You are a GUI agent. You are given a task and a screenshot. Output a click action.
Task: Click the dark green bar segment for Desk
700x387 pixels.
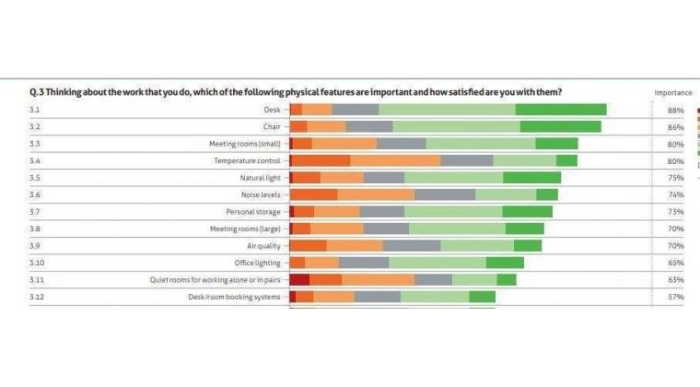coord(560,110)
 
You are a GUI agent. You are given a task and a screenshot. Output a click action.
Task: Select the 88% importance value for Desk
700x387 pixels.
coord(675,110)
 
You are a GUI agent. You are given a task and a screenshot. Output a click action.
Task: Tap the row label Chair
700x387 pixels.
coord(271,126)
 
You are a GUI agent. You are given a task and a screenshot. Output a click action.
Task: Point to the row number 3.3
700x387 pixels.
coord(35,144)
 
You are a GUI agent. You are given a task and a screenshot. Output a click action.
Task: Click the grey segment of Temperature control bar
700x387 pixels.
coord(467,160)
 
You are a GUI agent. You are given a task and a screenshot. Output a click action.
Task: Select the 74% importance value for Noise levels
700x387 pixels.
coord(675,194)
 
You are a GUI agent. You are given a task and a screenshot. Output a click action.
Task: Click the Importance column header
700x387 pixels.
coord(672,92)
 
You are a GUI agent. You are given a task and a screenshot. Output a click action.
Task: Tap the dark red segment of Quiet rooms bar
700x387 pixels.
coord(299,279)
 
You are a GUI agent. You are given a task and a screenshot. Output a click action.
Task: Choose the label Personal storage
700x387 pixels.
coord(253,211)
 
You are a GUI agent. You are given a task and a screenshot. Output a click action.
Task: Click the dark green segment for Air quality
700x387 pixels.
coord(528,245)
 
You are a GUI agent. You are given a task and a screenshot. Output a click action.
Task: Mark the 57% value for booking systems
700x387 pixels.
coord(675,297)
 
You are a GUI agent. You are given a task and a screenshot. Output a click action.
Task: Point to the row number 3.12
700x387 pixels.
coord(37,297)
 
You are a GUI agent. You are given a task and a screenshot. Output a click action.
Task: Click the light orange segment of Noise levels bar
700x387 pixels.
coord(376,194)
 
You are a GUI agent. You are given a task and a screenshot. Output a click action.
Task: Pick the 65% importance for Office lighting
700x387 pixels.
coord(675,263)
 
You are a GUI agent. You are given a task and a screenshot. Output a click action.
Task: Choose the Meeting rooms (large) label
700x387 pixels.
coord(244,229)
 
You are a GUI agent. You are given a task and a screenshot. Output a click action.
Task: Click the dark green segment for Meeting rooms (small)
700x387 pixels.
coord(556,144)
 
